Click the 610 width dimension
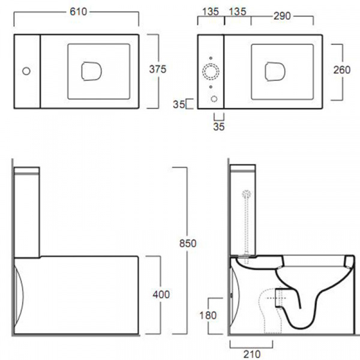click(78, 11)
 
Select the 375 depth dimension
click(158, 69)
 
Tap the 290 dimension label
click(282, 16)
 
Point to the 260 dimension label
click(342, 70)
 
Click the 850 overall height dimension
click(188, 244)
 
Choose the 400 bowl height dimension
click(161, 295)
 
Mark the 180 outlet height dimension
click(208, 315)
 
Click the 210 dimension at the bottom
click(252, 354)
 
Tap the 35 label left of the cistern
click(179, 104)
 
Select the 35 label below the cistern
click(219, 127)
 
